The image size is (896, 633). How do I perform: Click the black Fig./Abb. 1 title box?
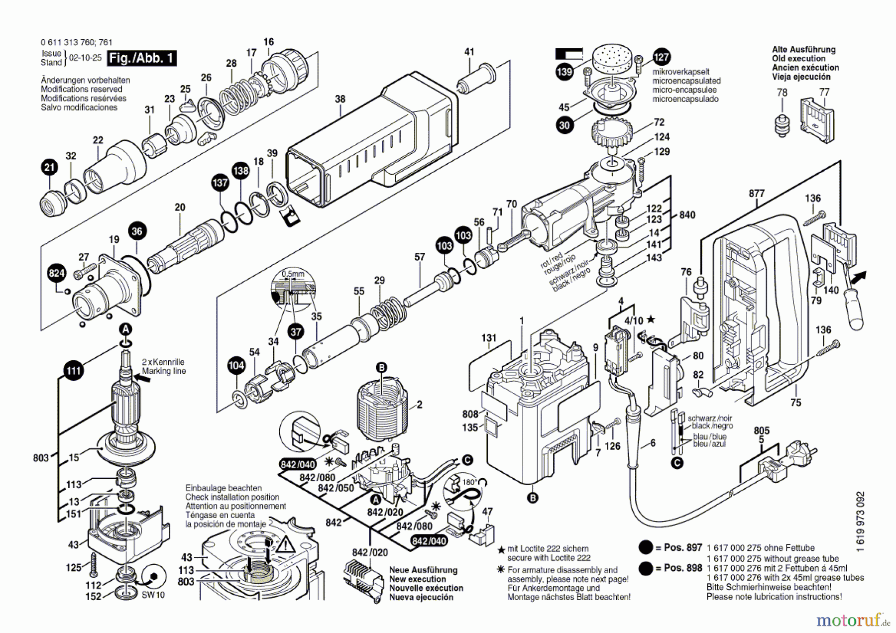click(x=142, y=58)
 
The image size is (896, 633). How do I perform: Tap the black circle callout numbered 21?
click(x=49, y=167)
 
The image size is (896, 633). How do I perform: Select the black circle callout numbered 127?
click(x=661, y=57)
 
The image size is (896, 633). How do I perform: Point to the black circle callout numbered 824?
click(x=56, y=273)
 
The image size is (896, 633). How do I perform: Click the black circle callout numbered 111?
click(x=73, y=371)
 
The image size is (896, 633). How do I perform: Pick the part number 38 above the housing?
click(x=340, y=99)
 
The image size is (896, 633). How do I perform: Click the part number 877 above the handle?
click(x=757, y=194)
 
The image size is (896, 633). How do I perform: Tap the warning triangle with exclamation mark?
click(x=286, y=545)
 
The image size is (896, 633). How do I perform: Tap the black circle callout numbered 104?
click(x=236, y=366)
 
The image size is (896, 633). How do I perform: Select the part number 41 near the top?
click(x=469, y=52)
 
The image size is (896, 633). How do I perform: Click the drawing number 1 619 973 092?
click(x=861, y=522)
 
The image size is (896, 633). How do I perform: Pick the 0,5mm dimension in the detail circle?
click(x=293, y=274)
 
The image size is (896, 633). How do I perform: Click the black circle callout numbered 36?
click(x=137, y=231)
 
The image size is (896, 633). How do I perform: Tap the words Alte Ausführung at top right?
click(x=803, y=50)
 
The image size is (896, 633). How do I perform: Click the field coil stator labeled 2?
click(x=382, y=408)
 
